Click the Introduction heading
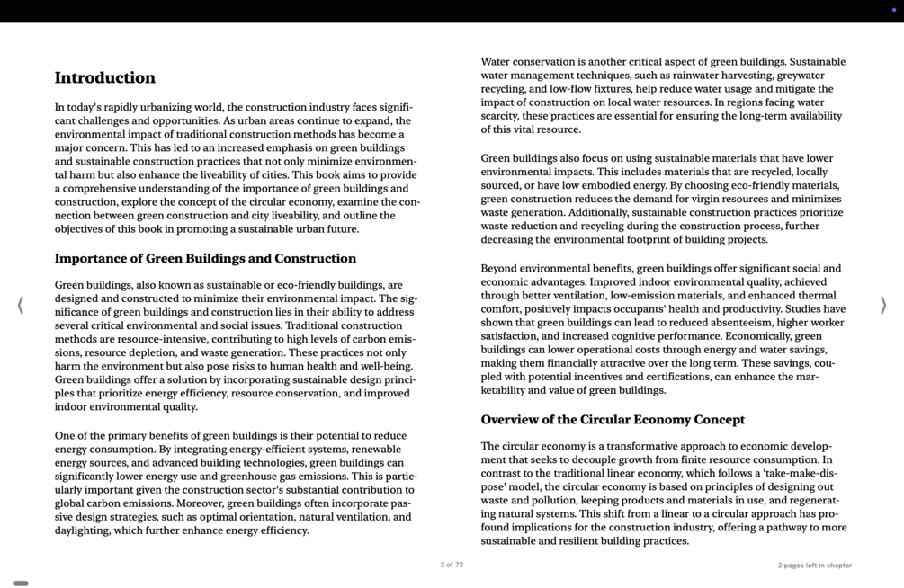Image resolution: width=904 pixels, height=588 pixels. tap(104, 78)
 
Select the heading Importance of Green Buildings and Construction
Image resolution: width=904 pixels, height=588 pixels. tap(205, 259)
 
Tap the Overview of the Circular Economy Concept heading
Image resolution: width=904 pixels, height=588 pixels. tap(613, 420)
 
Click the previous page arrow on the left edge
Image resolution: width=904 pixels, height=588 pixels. tap(21, 306)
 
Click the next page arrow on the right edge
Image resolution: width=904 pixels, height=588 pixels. tap(882, 306)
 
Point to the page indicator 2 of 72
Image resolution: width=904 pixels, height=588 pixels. tap(452, 566)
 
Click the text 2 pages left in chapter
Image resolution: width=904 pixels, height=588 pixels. tap(814, 566)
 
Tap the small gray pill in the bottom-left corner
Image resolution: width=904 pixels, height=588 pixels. tap(21, 584)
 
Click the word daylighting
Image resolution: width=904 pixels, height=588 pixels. tap(81, 530)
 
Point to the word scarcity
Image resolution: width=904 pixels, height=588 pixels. tap(501, 116)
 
